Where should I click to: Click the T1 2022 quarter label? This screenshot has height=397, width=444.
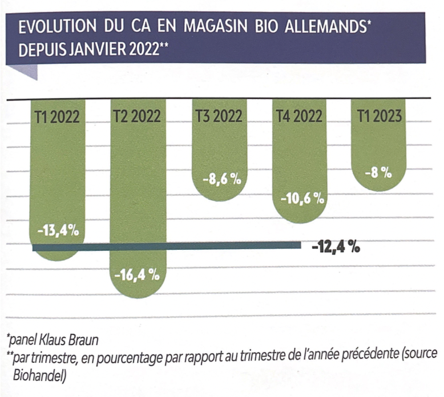[x=57, y=116]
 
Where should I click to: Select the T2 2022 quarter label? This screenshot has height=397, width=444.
[x=138, y=116]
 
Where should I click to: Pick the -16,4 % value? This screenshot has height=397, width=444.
[x=138, y=276]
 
